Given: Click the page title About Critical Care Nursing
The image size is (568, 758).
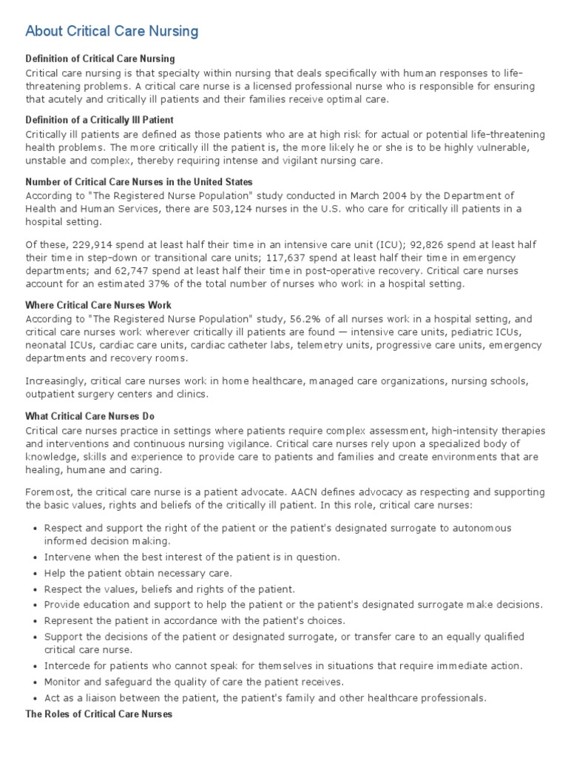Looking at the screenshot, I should click(112, 31).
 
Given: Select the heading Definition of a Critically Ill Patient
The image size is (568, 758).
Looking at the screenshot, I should click(100, 120).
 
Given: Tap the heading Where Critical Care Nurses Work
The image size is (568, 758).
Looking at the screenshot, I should click(98, 305).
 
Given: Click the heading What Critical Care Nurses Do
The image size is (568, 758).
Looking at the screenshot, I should click(90, 416).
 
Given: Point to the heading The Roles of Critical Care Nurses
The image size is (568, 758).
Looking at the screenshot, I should click(98, 714).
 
